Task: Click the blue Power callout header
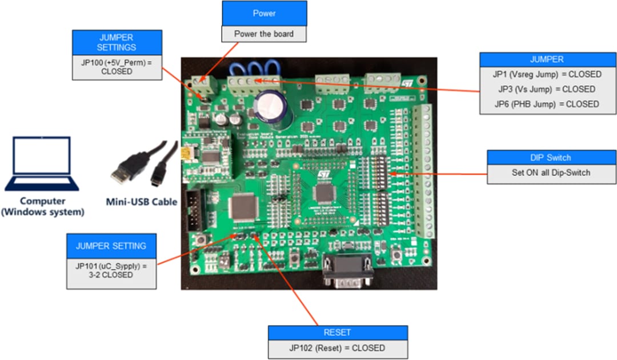click(264, 13)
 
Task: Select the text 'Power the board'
click(264, 34)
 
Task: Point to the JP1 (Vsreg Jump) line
click(547, 74)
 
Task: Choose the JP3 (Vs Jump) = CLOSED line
click(547, 89)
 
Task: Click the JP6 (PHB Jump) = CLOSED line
click(547, 104)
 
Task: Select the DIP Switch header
click(551, 158)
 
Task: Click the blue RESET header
click(338, 333)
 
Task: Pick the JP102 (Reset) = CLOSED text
click(338, 348)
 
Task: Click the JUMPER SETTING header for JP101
click(111, 246)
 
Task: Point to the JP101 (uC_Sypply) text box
click(111, 270)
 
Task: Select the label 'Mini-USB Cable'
click(142, 201)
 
